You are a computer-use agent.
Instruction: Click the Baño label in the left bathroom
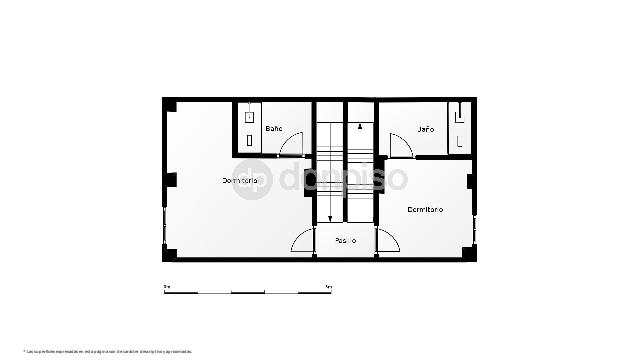point(273,129)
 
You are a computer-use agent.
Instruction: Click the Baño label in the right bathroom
point(425,129)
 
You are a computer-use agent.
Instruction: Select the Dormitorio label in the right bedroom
point(425,209)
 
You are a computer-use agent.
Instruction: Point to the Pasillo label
point(346,240)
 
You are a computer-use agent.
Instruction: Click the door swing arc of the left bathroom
point(291,144)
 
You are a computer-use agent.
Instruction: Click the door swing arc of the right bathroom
point(400,144)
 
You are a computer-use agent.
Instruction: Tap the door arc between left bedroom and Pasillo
point(302,240)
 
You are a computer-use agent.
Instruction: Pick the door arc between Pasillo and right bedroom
point(388,240)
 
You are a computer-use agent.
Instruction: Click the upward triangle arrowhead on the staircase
point(359,127)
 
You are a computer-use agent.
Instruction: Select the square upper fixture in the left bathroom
point(249,117)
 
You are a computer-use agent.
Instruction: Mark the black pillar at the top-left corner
point(170,105)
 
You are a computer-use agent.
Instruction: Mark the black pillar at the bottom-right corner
point(470,253)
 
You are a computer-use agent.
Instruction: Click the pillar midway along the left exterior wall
point(171,180)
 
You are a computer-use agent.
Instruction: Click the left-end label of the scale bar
point(166,287)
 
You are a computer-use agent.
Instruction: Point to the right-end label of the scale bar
point(329,287)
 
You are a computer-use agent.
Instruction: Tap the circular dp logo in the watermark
point(253,180)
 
